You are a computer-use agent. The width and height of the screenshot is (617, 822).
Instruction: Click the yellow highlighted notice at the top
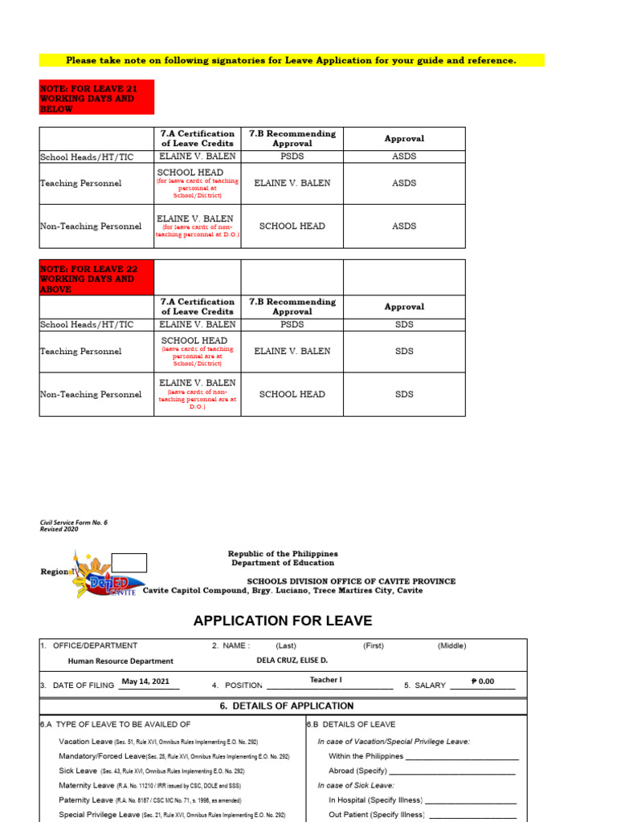[291, 60]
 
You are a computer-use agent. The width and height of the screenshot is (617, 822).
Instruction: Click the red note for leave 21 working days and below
[96, 97]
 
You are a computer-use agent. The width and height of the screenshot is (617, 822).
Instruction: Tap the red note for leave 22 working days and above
[96, 279]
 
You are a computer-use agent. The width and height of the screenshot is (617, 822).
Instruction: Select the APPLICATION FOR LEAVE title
[283, 621]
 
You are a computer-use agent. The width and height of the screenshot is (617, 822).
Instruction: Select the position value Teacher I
[325, 680]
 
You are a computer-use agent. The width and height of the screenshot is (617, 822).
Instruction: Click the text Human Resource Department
[121, 661]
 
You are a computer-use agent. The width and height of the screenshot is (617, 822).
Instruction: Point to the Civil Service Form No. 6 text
[73, 523]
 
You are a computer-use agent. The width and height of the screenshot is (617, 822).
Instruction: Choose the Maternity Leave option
[87, 785]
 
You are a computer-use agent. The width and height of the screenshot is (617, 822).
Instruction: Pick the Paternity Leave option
[86, 800]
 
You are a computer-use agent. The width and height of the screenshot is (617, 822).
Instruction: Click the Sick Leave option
[78, 771]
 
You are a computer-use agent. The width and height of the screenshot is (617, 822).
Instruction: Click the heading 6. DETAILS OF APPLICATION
[286, 706]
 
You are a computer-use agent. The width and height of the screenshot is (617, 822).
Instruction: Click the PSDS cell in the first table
[293, 157]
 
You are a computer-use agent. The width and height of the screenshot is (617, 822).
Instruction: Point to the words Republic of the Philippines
[283, 554]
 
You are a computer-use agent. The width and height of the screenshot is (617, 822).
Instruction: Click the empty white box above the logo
[129, 562]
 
